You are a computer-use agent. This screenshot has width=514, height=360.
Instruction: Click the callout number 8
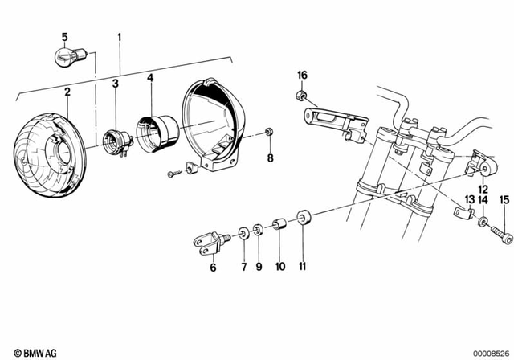coord(270,158)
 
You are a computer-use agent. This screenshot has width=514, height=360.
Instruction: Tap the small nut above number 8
coord(269,133)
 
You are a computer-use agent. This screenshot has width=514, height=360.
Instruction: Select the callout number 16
coord(302,75)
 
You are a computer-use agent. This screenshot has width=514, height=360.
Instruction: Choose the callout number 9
coord(259,266)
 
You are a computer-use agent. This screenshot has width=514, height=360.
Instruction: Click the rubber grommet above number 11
coord(304,218)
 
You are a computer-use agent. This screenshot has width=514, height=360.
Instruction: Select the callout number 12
coord(483,189)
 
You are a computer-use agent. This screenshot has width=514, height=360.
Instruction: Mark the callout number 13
coord(468,199)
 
